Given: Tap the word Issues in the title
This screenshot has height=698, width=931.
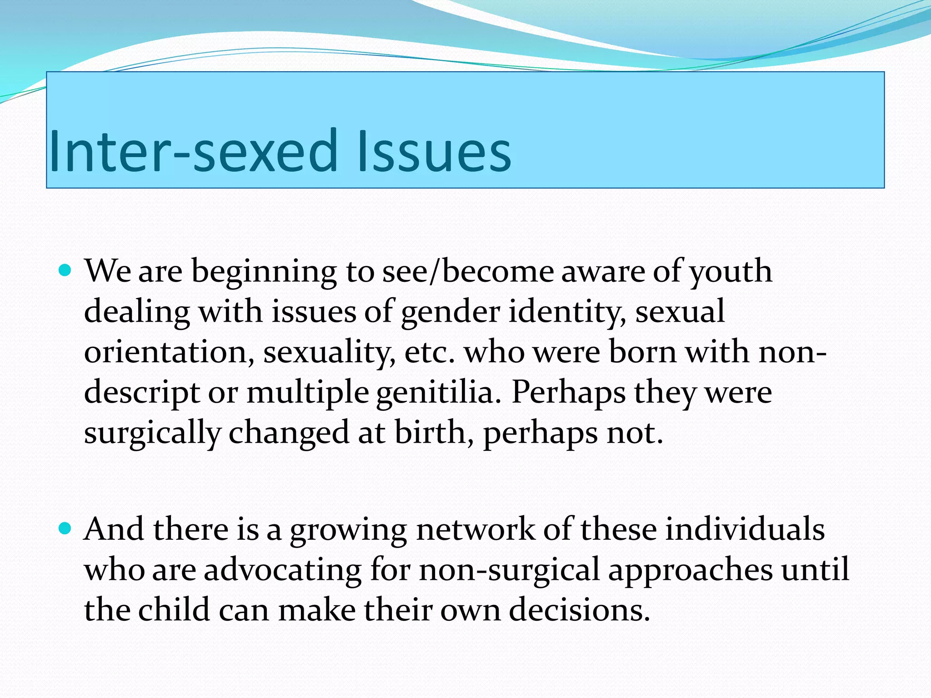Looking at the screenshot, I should pyautogui.click(x=434, y=151).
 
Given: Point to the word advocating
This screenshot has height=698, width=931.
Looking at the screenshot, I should pyautogui.click(x=282, y=570).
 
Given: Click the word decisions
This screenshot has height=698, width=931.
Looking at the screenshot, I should pyautogui.click(x=579, y=610).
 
